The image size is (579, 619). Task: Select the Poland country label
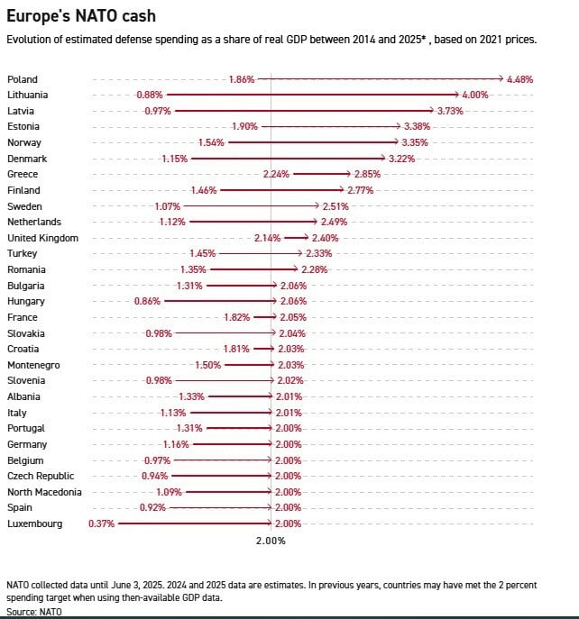point(23,79)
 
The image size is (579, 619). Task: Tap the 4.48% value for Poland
point(520,79)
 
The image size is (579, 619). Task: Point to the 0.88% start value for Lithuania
point(149,95)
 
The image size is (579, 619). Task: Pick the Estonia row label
point(23,126)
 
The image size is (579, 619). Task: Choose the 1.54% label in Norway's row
point(210,142)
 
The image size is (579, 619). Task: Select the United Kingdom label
point(42,238)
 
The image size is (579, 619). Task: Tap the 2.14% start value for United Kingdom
point(267,238)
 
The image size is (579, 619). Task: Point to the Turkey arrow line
point(262,254)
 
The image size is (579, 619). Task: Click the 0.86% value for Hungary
point(147,301)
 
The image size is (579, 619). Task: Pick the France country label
point(22,317)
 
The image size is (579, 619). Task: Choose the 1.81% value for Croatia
point(236,349)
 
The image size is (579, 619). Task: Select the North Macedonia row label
point(44,492)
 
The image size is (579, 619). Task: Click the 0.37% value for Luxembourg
point(101,523)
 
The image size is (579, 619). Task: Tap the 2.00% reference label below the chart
point(271,541)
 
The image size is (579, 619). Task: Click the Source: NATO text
point(29,611)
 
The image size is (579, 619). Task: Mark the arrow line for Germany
point(230,444)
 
